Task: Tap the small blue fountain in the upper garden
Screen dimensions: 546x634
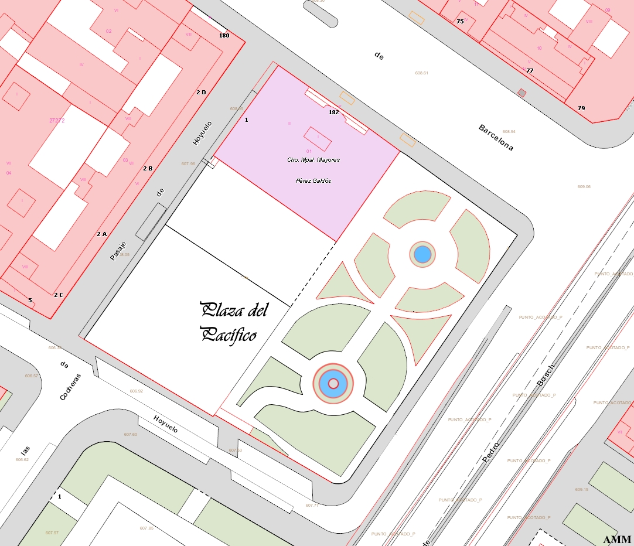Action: point(422,254)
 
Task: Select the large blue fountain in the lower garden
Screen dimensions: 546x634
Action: point(333,384)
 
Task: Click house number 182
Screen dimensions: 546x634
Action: point(334,112)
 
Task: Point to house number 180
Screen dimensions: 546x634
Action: point(224,35)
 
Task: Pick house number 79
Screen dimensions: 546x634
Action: point(581,108)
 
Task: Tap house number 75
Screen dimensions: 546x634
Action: point(460,22)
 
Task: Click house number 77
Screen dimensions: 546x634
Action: point(530,70)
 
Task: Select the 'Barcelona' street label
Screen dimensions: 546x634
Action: point(496,138)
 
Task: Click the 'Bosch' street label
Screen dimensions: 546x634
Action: point(545,375)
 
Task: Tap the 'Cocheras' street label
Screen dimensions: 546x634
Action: point(70,387)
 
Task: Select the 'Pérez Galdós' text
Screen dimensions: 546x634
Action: point(314,180)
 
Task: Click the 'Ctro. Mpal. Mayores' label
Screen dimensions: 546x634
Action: point(313,159)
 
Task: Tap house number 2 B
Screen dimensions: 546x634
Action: point(148,168)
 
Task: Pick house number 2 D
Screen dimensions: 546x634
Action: point(201,92)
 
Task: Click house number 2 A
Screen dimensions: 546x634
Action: point(101,234)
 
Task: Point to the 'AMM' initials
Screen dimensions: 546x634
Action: point(616,539)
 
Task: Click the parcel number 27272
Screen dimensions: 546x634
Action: point(57,120)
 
